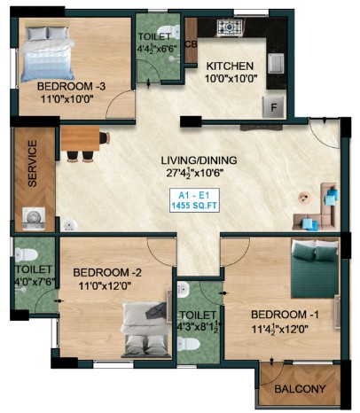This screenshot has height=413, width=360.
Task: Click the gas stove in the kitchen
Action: [230, 27]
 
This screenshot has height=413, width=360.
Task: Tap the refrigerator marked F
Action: [274, 106]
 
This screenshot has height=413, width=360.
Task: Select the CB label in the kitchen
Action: [191, 44]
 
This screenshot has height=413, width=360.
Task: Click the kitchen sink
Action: [276, 63]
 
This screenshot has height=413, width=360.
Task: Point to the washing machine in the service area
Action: [34, 219]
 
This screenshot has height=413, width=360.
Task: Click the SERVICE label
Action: [32, 163]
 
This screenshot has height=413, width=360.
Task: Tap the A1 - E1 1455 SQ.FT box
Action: [194, 200]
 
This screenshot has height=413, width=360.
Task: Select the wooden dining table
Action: [80, 139]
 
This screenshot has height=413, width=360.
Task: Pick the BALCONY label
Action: [300, 389]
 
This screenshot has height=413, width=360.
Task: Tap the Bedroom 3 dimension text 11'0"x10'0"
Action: [67, 99]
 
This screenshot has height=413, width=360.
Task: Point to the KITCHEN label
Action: [230, 66]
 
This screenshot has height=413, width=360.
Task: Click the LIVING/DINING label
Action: [199, 160]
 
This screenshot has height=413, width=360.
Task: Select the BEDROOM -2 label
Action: [107, 272]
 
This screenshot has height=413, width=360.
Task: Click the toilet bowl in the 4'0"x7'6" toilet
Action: [26, 254]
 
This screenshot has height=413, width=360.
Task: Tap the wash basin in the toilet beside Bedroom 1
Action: [184, 288]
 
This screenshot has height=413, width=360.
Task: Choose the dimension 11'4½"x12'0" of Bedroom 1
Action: [279, 329]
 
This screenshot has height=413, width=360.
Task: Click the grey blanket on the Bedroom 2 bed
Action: [157, 311]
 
